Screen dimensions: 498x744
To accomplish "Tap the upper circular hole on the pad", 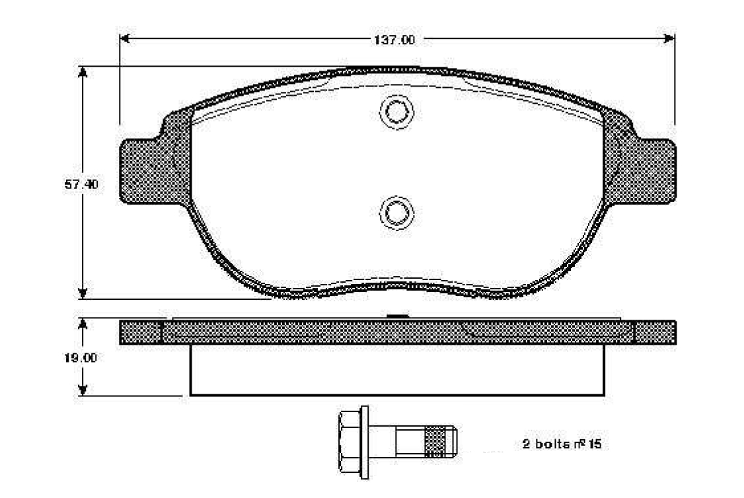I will tap(397, 112).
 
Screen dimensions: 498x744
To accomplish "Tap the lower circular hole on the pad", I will tap(397, 213).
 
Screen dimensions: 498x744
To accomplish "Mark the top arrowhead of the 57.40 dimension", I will tap(82, 72).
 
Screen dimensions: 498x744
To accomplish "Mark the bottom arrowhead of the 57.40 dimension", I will tap(82, 293).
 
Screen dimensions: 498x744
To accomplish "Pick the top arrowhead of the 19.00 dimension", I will tap(82, 324).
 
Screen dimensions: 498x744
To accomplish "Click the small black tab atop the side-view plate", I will tap(396, 317).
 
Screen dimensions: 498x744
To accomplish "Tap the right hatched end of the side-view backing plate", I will tap(654, 332).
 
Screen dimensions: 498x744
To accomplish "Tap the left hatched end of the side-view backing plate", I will tap(140, 332).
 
